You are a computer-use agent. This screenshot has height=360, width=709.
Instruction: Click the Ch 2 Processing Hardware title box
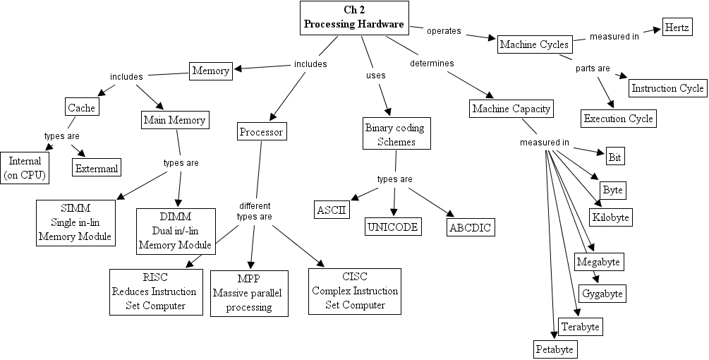pyautogui.click(x=354, y=18)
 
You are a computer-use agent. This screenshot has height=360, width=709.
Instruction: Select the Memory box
pyautogui.click(x=211, y=71)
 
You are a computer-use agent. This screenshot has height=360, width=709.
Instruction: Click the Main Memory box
pyautogui.click(x=174, y=120)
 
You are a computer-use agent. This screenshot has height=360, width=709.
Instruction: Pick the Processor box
pyautogui.click(x=261, y=132)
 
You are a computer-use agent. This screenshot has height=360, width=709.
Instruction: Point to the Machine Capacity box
pyautogui.click(x=511, y=109)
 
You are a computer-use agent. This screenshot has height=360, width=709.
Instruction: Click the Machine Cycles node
pyautogui.click(x=534, y=44)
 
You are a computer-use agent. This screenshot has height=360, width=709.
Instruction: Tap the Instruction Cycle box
pyautogui.click(x=667, y=88)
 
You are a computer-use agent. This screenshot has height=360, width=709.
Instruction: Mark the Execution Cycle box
pyautogui.click(x=619, y=118)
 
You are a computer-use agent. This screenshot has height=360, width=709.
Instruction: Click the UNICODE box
pyautogui.click(x=393, y=227)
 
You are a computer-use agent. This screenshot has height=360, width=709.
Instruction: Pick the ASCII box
pyautogui.click(x=332, y=210)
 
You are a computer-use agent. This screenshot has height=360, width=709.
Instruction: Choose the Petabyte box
pyautogui.click(x=555, y=349)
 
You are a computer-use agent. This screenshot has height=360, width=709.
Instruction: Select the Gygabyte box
pyautogui.click(x=602, y=293)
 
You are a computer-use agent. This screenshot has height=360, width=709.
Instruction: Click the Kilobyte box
pyautogui.click(x=610, y=217)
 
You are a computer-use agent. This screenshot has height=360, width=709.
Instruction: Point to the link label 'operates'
pyautogui.click(x=444, y=31)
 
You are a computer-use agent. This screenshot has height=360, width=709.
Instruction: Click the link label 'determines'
pyautogui.click(x=432, y=64)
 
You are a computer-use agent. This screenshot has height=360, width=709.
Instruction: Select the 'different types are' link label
pyautogui.click(x=254, y=211)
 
